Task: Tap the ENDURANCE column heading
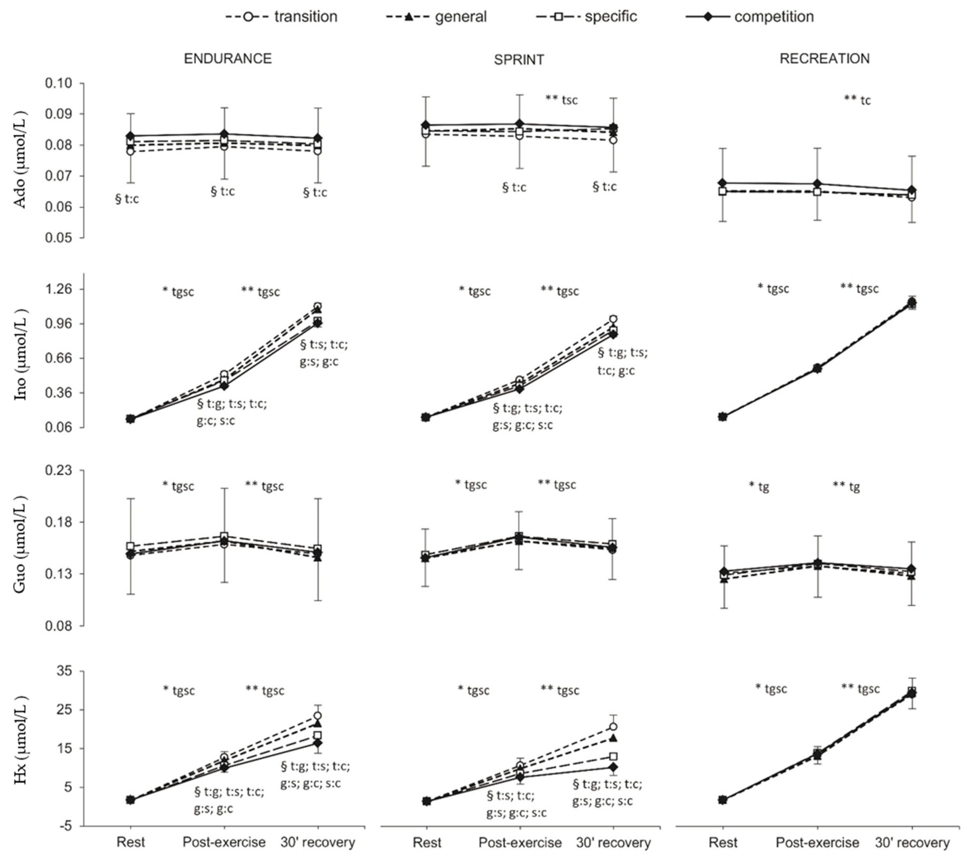click(228, 58)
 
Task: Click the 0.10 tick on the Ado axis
click(58, 83)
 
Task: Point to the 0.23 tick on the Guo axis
click(58, 471)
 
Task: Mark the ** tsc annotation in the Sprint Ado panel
click(562, 99)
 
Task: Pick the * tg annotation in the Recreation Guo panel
click(759, 487)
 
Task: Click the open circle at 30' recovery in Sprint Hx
click(613, 727)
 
